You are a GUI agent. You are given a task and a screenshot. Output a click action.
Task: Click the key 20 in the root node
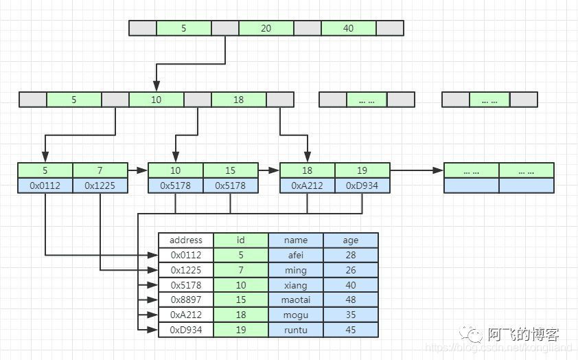(x=266, y=28)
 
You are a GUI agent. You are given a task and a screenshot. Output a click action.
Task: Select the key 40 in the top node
(x=349, y=28)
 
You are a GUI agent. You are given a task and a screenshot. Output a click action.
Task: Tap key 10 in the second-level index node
(x=157, y=100)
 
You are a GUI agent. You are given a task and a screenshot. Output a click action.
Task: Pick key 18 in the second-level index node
(x=239, y=100)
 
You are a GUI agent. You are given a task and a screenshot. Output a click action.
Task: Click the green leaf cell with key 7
(x=100, y=170)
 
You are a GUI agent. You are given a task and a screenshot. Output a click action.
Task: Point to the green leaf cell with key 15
(x=231, y=170)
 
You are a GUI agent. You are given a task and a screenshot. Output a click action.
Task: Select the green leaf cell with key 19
(x=362, y=170)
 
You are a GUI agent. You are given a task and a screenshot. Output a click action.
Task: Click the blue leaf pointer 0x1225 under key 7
(x=100, y=185)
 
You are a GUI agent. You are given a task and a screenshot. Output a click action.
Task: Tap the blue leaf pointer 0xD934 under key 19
(x=362, y=185)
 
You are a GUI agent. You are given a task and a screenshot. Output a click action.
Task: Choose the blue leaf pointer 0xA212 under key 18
(x=308, y=185)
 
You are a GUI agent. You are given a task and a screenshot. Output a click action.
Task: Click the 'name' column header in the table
(x=296, y=240)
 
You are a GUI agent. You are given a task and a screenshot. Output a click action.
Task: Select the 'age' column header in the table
(x=351, y=240)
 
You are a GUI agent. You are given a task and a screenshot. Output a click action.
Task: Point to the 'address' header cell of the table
(x=186, y=240)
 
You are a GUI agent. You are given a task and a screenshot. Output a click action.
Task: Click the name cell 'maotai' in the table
(x=296, y=300)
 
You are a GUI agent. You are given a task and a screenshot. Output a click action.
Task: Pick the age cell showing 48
(x=351, y=300)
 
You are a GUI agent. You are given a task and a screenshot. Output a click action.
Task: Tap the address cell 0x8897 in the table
(x=186, y=300)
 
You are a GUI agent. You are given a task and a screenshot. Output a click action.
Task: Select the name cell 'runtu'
(x=296, y=330)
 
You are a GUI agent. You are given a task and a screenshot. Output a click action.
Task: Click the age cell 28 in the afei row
(x=351, y=256)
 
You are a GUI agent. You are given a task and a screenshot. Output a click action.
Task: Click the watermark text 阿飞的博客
(x=523, y=335)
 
